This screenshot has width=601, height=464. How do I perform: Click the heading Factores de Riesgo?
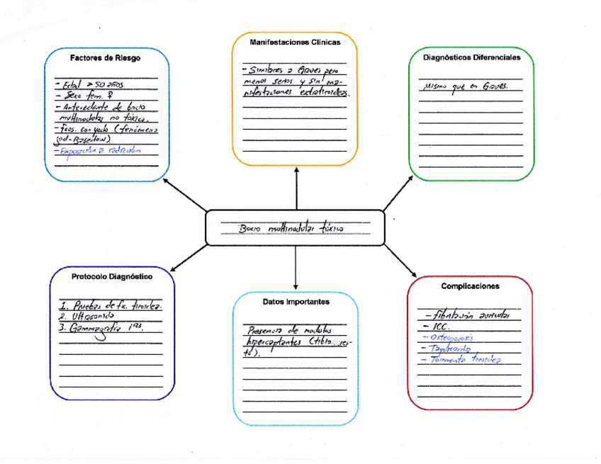tap(105, 58)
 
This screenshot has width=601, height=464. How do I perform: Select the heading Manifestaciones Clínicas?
tap(295, 43)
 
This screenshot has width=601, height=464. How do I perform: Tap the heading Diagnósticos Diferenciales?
tap(471, 57)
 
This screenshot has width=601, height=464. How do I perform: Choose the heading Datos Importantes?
tap(296, 301)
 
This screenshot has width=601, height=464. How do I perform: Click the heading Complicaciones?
tap(470, 286)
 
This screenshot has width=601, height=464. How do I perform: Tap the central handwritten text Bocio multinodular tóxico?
tap(291, 229)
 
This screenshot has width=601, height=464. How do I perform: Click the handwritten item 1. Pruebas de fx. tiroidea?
tap(111, 305)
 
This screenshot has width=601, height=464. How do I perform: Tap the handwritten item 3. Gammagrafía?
tap(106, 329)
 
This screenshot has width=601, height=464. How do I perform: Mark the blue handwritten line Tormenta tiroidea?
tap(461, 360)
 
